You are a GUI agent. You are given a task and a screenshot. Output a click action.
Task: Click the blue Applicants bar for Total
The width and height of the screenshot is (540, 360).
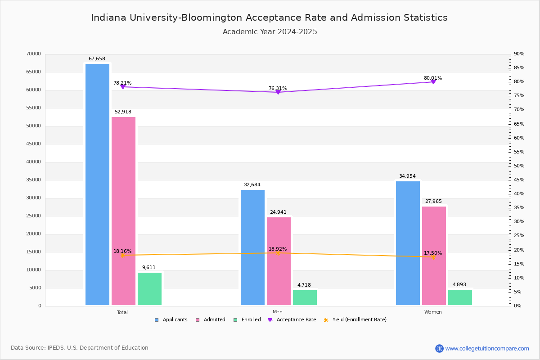click(x=97, y=184)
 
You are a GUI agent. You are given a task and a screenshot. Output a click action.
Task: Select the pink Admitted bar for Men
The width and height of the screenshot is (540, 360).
click(x=279, y=261)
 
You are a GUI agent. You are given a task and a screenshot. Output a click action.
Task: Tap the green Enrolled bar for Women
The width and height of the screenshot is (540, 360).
click(x=460, y=297)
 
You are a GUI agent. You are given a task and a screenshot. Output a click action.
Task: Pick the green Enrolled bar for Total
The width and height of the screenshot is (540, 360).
click(x=149, y=289)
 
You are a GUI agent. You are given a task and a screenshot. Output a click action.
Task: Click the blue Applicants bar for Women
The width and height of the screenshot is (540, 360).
click(x=408, y=243)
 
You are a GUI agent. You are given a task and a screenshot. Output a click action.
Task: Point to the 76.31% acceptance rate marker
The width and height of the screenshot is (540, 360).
click(x=278, y=92)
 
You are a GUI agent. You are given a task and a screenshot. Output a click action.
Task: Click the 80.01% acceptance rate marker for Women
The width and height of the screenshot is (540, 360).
click(x=433, y=81)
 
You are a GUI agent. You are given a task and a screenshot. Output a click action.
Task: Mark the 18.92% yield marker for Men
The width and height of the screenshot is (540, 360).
click(x=278, y=253)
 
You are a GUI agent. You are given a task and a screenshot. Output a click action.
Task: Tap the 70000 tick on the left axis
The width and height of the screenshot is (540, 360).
click(x=34, y=54)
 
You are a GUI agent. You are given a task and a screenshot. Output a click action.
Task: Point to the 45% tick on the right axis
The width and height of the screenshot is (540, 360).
click(x=519, y=180)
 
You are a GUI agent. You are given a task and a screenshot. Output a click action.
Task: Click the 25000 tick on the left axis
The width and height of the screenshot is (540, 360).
click(x=34, y=216)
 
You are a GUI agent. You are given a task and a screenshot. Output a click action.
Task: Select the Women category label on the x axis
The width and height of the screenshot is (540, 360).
click(x=433, y=312)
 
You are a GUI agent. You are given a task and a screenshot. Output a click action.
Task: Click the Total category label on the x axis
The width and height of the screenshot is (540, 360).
click(x=122, y=312)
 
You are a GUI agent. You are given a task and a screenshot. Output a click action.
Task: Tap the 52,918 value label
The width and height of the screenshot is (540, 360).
click(x=123, y=112)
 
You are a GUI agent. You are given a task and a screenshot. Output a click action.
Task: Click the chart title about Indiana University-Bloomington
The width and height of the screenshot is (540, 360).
click(x=269, y=18)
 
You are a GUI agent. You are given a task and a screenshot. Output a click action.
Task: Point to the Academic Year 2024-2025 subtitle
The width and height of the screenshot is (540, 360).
click(x=270, y=32)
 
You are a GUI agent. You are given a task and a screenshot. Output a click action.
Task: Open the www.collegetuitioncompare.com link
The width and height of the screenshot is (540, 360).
click(x=487, y=348)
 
